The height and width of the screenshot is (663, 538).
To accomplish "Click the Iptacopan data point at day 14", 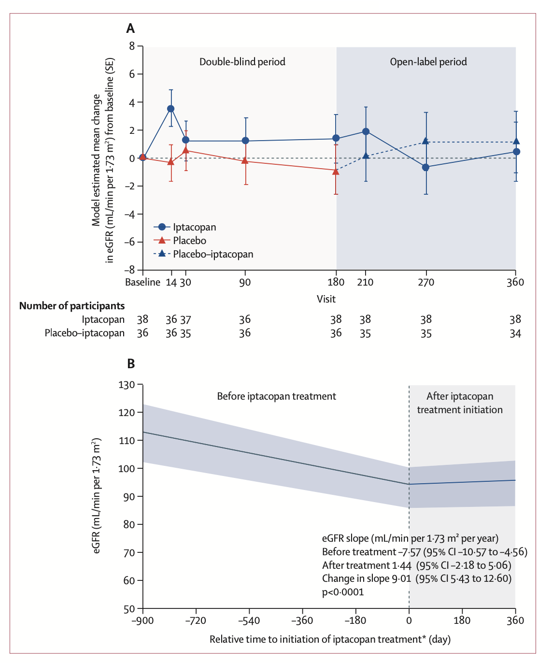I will tap(170, 109).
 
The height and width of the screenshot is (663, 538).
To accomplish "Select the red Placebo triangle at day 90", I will tap(245, 161).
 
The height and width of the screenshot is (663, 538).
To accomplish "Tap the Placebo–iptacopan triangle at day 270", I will tap(425, 141).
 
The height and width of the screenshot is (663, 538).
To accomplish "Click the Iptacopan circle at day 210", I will tap(366, 131).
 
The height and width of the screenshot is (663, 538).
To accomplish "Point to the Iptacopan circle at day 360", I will tap(516, 152).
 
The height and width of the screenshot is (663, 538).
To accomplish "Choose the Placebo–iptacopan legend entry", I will tap(212, 254).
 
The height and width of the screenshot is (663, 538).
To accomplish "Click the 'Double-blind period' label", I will tap(242, 62).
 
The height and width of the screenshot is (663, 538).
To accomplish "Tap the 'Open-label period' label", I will tap(428, 62).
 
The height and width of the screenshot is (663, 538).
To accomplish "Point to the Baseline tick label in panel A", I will tap(142, 282).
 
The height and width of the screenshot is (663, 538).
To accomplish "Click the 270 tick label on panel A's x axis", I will tap(425, 282).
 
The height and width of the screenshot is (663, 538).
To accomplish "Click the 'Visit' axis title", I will tap(326, 299).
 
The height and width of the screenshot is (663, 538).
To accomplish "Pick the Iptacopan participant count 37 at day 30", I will tap(185, 320).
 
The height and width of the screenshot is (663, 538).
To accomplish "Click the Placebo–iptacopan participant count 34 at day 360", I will tap(515, 333).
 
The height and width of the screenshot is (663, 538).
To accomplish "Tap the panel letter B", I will tap(130, 363).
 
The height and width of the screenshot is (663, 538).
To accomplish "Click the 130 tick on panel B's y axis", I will tap(127, 385).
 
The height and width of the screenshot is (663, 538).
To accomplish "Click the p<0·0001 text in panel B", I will tap(343, 592).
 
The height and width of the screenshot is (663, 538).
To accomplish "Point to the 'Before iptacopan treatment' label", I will tap(276, 396).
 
